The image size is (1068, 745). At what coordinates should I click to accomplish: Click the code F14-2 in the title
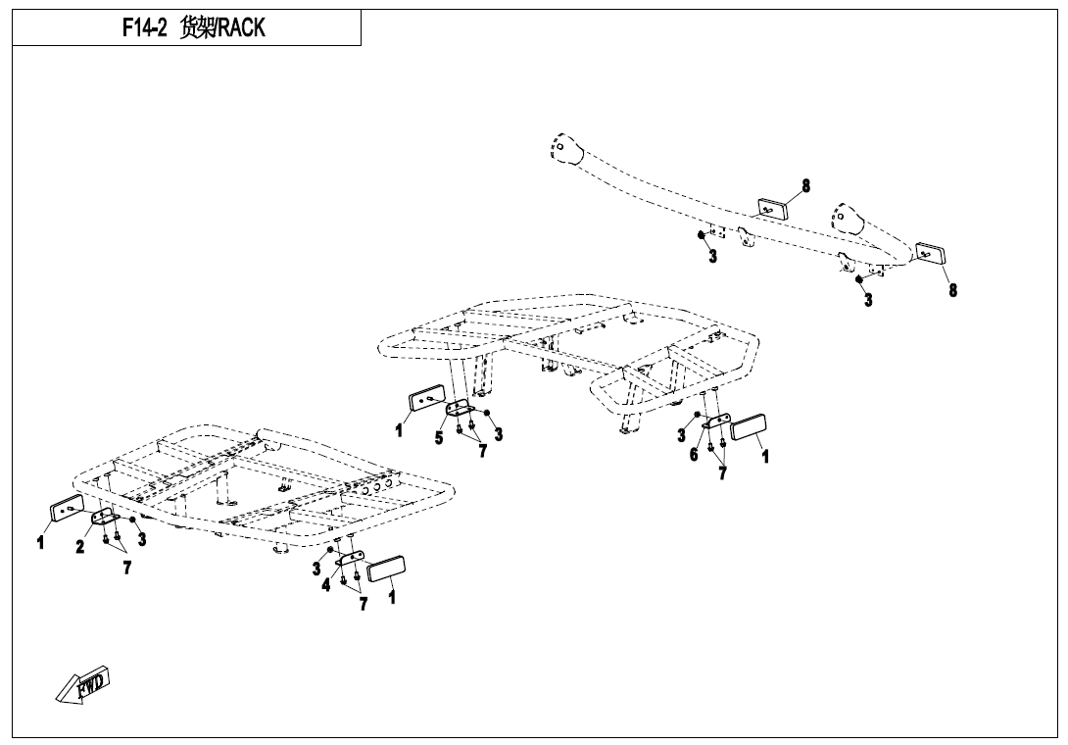144,28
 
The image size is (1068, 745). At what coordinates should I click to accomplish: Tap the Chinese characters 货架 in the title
198,28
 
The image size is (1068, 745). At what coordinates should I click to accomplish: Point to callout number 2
81,547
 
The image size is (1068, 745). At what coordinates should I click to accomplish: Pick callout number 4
326,585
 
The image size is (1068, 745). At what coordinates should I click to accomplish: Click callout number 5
439,438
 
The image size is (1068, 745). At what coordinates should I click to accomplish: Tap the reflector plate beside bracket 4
386,570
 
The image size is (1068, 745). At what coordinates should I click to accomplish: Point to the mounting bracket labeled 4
351,559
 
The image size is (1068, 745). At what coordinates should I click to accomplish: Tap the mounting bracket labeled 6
716,422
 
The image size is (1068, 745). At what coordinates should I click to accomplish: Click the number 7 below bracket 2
126,568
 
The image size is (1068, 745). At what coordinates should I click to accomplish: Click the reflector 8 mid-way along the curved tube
772,208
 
